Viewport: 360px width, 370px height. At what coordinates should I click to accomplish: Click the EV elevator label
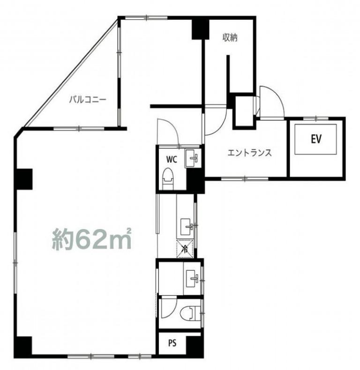pos(316,139)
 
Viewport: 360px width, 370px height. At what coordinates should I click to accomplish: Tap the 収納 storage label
pos(230,37)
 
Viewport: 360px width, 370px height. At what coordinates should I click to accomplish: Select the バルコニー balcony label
pos(88,100)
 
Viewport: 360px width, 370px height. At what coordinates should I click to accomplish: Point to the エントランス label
pos(249,153)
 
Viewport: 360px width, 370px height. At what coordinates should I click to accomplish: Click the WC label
pos(172,160)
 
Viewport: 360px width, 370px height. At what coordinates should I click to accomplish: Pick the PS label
pos(172,343)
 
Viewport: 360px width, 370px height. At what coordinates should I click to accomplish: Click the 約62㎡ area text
pos(92,238)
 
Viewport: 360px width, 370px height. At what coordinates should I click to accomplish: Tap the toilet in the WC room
pos(168,178)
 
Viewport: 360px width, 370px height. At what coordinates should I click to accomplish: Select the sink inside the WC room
pos(193,158)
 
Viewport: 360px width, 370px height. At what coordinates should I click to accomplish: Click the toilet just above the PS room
pos(190,313)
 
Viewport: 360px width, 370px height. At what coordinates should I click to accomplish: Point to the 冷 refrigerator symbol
pos(185,248)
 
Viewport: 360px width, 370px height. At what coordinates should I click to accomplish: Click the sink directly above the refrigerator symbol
pos(187,227)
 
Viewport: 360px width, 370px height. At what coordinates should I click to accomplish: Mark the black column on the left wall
pos(24,179)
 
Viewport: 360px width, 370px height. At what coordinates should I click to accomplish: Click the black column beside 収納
pos(200,29)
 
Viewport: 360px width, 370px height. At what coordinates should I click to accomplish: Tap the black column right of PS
pos(195,346)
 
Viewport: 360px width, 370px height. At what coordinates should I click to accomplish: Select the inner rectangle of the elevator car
pos(315,139)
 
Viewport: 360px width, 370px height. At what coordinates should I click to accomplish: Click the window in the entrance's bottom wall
pos(245,179)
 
